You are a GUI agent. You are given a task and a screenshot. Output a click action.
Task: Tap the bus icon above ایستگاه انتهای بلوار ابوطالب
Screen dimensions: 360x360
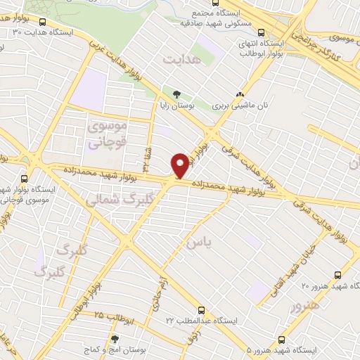coord(262,32)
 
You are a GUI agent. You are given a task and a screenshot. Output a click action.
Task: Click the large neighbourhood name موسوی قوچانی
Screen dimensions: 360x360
coord(106,135)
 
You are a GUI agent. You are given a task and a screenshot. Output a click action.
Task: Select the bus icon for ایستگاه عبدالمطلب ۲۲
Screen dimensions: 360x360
coord(202,309)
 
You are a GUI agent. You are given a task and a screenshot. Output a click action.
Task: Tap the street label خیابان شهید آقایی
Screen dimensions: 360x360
coord(302,264)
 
